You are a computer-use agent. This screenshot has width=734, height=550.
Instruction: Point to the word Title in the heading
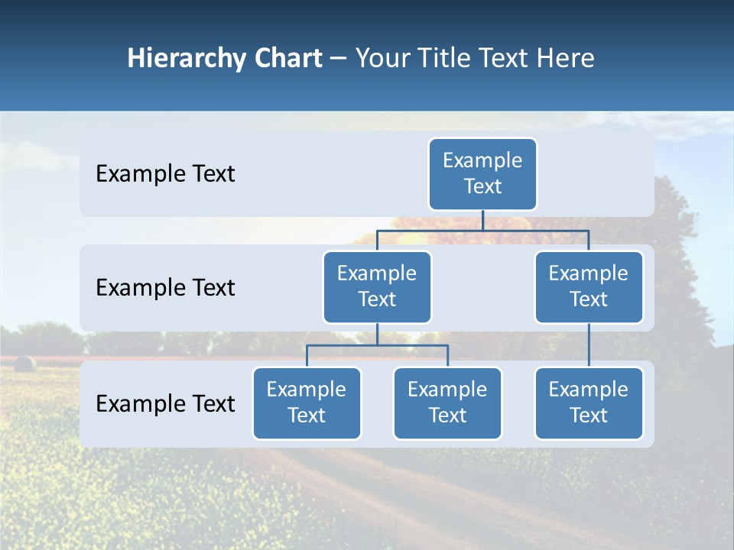click(450, 59)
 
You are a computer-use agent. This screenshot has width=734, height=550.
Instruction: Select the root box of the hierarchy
click(482, 174)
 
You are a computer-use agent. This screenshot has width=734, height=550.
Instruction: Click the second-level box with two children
click(377, 287)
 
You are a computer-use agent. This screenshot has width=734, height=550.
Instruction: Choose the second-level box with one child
click(589, 287)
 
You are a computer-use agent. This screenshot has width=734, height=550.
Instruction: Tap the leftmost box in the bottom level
click(307, 403)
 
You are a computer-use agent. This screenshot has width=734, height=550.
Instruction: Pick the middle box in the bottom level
click(447, 403)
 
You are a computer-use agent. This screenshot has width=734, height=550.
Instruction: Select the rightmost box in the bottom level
click(589, 403)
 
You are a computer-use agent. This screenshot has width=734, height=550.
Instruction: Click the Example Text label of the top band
click(165, 174)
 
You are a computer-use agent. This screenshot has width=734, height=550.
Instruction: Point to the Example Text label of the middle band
click(165, 288)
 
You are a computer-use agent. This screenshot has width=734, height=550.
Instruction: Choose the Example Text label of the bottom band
click(165, 404)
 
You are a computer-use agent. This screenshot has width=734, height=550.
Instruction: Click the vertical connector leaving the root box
click(482, 220)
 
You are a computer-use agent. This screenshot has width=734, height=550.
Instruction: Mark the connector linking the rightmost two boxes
click(589, 345)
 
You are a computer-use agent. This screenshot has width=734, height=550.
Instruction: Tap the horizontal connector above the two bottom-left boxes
click(377, 345)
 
